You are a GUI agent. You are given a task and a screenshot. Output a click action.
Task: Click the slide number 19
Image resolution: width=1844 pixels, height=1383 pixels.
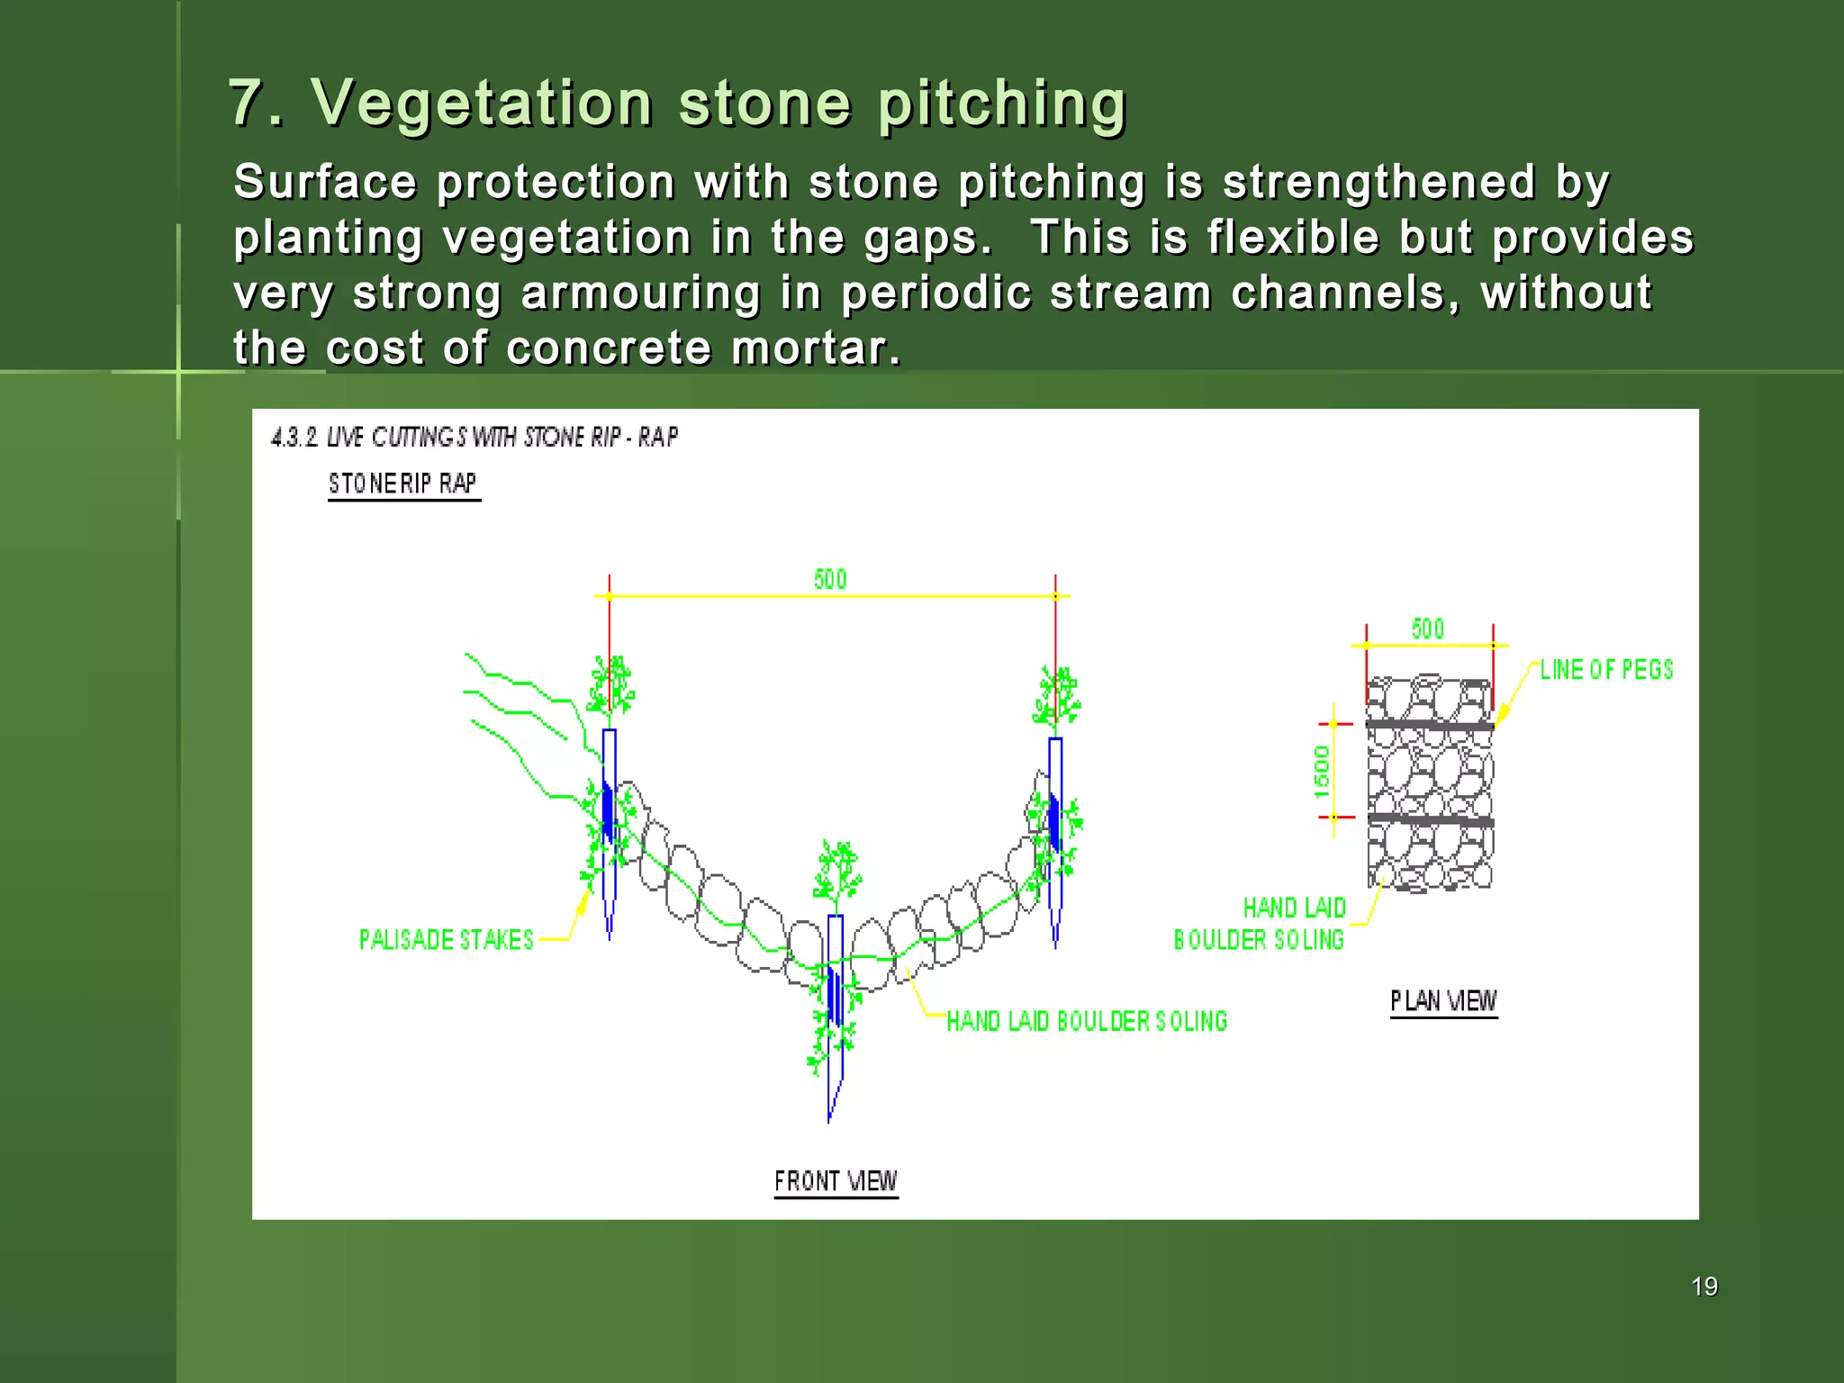point(1704,1286)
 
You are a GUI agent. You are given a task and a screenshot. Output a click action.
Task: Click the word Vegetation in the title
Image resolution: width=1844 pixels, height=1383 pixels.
point(482,103)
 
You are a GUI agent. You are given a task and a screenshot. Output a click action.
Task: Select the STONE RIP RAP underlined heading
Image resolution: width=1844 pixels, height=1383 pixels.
point(402,484)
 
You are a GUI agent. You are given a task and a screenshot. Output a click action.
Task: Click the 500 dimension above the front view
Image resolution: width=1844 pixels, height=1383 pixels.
point(830,579)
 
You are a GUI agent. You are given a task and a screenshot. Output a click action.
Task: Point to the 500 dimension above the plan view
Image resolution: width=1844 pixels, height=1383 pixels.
point(1428,628)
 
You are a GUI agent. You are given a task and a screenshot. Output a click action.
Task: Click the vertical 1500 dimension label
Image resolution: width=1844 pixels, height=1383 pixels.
point(1321,771)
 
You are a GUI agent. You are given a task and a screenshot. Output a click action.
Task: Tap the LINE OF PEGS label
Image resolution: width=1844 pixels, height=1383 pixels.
point(1605,670)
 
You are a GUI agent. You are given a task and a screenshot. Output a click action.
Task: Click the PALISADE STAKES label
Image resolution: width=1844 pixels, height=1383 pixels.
point(447,940)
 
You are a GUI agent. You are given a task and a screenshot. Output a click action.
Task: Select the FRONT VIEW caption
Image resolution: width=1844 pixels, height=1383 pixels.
point(836,1180)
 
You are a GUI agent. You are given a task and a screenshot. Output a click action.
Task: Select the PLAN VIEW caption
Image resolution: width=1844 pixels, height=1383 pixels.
point(1443,1001)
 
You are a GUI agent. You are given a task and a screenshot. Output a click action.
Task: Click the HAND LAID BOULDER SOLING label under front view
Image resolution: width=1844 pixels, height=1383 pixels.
point(1087,1021)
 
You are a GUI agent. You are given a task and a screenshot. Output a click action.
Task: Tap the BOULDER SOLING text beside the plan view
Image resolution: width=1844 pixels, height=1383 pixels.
point(1258,940)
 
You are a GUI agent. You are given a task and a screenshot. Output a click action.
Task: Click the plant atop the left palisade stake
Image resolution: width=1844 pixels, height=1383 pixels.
point(610,687)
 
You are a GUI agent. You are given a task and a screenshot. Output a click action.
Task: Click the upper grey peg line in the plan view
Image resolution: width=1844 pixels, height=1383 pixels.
point(1430,725)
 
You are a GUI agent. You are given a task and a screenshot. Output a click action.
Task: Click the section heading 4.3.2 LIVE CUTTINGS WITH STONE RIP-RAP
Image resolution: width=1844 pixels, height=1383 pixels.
point(475,438)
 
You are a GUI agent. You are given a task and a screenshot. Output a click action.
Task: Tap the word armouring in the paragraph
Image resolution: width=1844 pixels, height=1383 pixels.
point(640,294)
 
